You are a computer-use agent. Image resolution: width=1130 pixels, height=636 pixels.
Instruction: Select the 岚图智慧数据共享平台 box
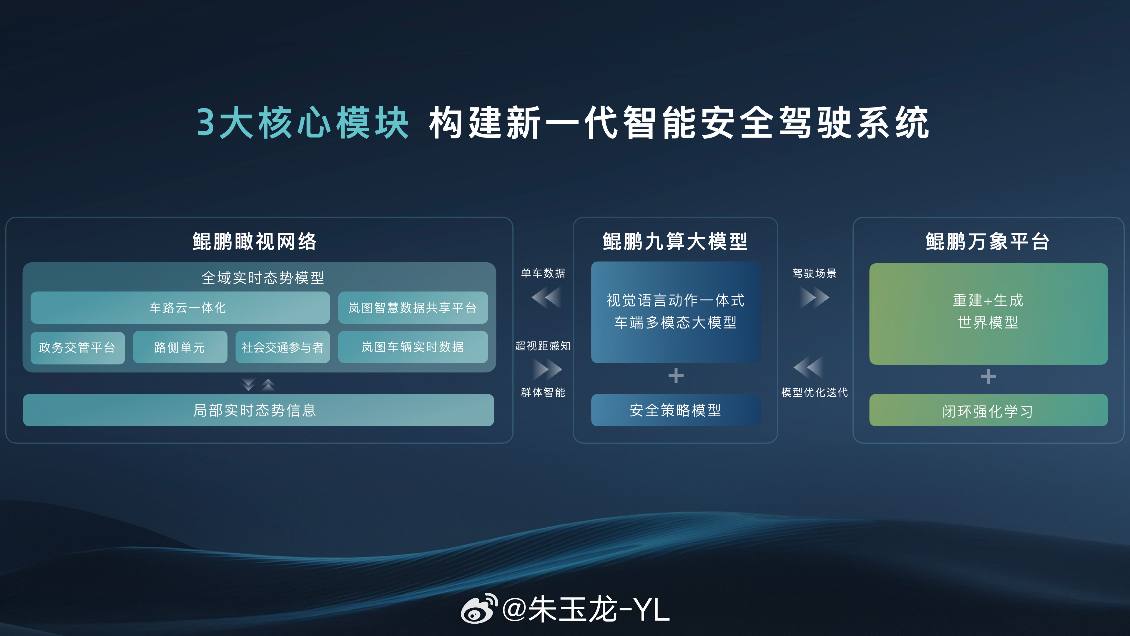pos(413,308)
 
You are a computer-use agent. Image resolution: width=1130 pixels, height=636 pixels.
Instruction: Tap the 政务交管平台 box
pos(78,347)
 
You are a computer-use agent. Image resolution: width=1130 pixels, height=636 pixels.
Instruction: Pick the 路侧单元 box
pos(180,347)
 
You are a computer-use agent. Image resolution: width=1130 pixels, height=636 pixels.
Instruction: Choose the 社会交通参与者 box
pos(282,347)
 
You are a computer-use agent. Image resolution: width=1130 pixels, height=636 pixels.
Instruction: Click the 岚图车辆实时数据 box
pos(413,347)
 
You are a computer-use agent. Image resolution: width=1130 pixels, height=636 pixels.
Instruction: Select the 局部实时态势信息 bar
pos(258,410)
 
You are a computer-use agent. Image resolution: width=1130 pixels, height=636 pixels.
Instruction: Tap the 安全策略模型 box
pos(676,410)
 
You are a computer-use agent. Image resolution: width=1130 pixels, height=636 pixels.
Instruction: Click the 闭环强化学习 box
pos(988,410)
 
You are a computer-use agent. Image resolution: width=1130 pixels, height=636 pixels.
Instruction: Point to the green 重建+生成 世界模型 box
pos(988,313)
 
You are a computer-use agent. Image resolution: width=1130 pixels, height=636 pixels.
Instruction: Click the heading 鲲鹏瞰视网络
pos(255,241)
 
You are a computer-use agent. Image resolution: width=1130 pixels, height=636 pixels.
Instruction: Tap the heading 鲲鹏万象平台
pos(988,241)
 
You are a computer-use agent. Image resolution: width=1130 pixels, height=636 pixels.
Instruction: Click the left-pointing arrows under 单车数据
pos(546,298)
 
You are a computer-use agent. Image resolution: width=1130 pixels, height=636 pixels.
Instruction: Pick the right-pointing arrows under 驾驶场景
pos(814,298)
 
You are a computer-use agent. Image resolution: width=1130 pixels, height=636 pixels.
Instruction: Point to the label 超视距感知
pos(543,346)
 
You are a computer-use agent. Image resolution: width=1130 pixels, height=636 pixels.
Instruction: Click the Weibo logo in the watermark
pos(478,609)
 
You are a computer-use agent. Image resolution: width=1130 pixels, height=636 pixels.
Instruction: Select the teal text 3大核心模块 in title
pos(303,123)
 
